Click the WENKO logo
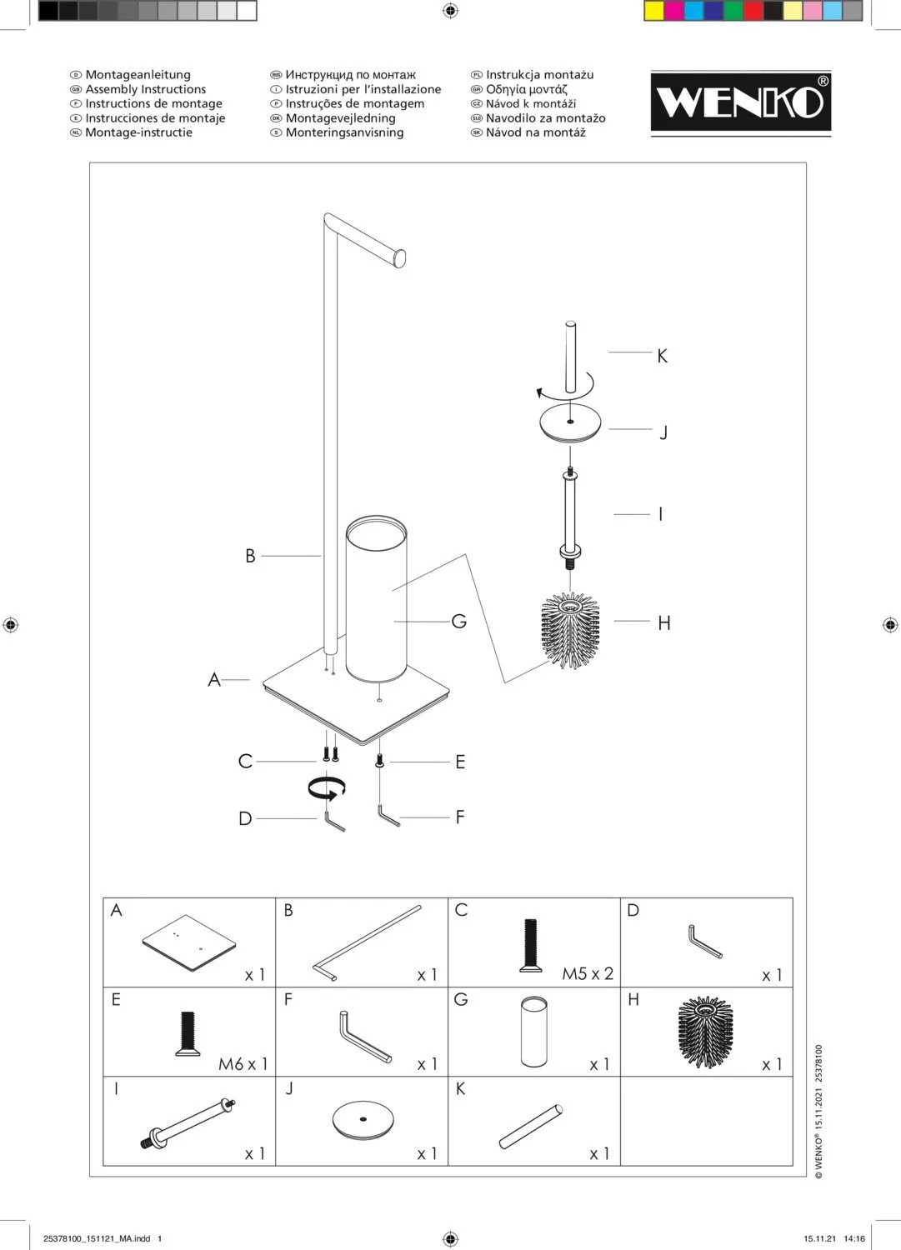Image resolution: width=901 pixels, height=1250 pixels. (x=740, y=102)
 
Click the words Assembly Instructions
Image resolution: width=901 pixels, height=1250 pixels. (x=145, y=89)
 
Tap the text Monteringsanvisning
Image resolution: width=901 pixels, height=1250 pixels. (x=344, y=132)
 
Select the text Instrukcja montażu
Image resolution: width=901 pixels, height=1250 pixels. (x=539, y=75)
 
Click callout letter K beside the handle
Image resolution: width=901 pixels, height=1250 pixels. (x=662, y=356)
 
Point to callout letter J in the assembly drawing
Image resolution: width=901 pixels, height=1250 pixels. (x=663, y=432)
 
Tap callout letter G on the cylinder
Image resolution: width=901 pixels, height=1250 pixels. (x=458, y=621)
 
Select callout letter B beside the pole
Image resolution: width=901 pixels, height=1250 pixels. (x=250, y=556)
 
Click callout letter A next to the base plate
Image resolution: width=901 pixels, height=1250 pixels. (x=214, y=680)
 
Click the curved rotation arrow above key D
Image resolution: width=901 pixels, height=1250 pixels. (x=327, y=787)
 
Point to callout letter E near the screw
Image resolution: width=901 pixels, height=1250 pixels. (x=460, y=762)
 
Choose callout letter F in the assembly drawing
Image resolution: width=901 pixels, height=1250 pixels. (x=460, y=817)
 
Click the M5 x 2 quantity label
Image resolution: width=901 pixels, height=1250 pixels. (x=588, y=973)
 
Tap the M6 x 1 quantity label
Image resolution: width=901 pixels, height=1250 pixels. (x=243, y=1064)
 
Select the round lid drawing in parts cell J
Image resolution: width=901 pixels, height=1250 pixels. (x=363, y=1121)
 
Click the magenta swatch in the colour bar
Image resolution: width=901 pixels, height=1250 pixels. (x=673, y=11)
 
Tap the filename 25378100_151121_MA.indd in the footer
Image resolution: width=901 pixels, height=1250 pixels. (x=97, y=1239)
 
